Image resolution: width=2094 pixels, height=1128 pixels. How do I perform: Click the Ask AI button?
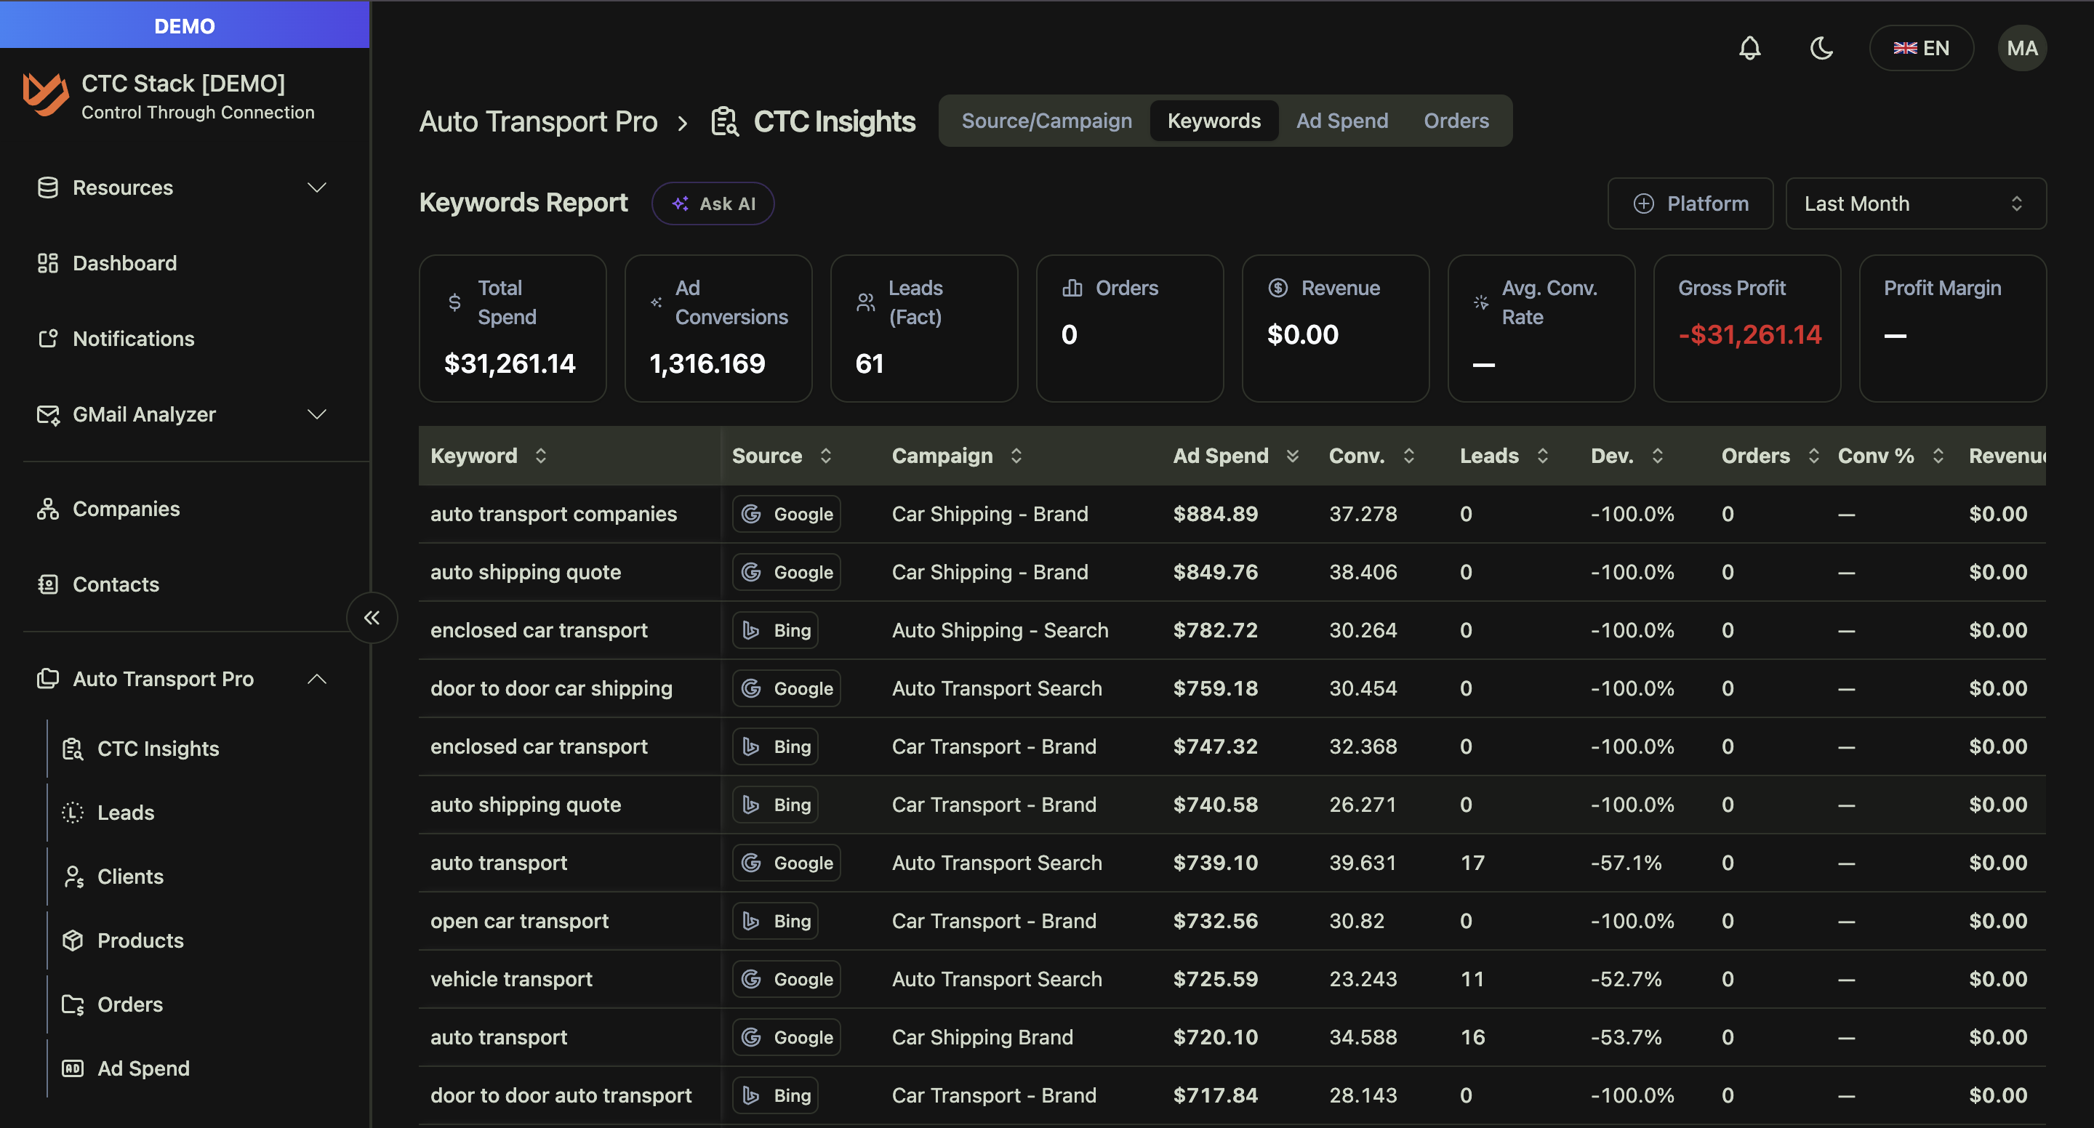713,204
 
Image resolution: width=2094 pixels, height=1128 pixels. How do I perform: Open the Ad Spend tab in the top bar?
1341,121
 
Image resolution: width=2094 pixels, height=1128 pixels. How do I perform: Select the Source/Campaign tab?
1046,121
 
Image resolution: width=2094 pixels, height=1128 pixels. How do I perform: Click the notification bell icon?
1749,48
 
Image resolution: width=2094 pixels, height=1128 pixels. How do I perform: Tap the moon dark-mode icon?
1821,48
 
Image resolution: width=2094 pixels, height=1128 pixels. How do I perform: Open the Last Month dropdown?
1915,204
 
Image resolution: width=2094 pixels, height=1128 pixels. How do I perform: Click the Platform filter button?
1690,204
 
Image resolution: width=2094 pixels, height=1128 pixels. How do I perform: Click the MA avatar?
2021,48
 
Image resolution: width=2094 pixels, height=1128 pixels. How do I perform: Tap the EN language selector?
1921,48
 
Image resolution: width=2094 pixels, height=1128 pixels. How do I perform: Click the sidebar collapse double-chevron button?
372,618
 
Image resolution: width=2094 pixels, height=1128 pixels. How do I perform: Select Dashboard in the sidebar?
124,263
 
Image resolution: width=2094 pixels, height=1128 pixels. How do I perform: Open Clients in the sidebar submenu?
130,876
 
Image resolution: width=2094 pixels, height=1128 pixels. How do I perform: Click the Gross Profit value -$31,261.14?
1749,335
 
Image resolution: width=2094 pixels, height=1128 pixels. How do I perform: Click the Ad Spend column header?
1220,456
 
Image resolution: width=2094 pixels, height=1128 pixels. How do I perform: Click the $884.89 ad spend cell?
1214,514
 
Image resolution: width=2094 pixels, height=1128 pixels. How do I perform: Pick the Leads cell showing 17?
1472,862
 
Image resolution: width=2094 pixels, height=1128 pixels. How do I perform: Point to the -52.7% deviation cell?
1626,978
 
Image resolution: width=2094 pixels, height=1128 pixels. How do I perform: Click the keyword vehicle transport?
511,978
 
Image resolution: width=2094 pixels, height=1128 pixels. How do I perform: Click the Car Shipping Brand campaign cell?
982,1037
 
